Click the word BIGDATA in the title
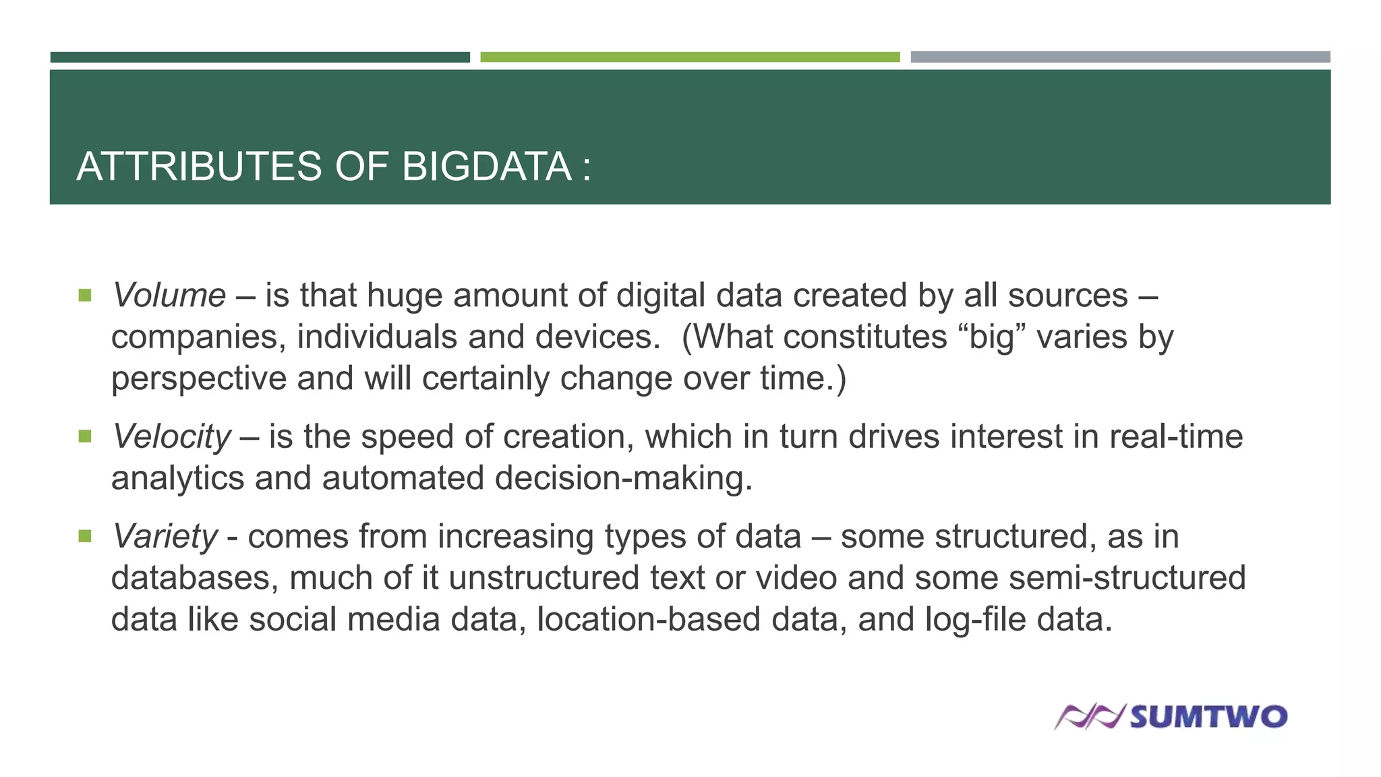click(x=486, y=167)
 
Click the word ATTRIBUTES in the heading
click(x=200, y=167)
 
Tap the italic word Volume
click(x=169, y=295)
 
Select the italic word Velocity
click(x=171, y=436)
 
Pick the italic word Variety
click(x=165, y=537)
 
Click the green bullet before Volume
click(x=85, y=295)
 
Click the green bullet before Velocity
click(x=85, y=436)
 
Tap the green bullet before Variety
click(x=85, y=537)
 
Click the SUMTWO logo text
click(x=1208, y=716)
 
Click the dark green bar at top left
click(x=260, y=57)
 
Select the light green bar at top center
click(x=690, y=57)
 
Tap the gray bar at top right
click(x=1120, y=57)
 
